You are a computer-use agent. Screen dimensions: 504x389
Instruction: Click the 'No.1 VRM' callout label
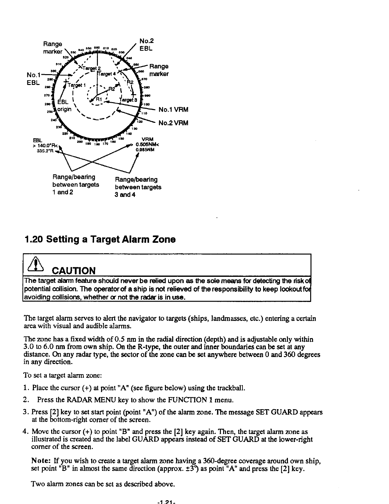point(173,110)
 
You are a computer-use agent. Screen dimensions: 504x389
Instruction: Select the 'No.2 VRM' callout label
point(173,123)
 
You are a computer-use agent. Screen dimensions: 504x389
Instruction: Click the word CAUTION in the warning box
point(74,271)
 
